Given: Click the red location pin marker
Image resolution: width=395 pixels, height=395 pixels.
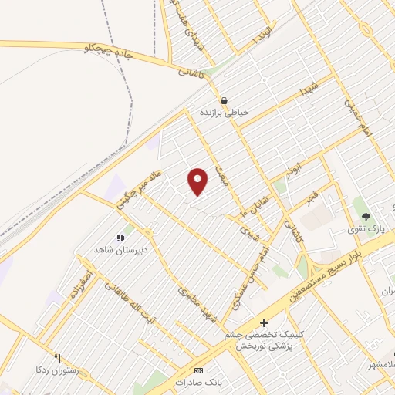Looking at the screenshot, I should pos(198,181).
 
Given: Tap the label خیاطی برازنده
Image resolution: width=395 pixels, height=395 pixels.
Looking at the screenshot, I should pos(225,113).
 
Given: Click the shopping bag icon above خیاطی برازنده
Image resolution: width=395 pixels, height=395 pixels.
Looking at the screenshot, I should pos(224,100).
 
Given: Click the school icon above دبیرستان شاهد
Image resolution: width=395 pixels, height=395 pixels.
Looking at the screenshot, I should pos(120,238).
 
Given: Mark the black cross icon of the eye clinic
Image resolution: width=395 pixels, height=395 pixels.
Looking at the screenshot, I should pos(264,322).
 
